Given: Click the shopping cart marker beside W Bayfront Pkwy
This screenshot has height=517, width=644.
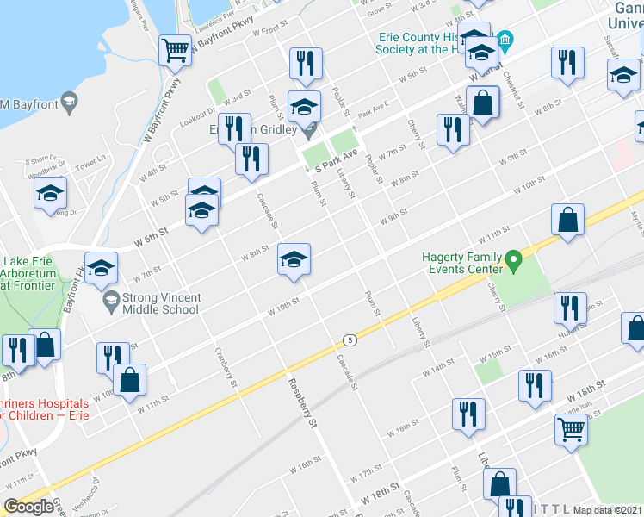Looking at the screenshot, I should point(176,50).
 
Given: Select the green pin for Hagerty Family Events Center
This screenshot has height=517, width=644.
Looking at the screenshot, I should point(514,258).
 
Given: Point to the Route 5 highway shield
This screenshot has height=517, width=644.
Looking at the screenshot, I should point(349,339).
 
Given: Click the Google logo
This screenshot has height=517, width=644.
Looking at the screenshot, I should point(29,507).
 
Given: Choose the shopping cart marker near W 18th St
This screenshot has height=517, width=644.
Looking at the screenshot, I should point(572,429).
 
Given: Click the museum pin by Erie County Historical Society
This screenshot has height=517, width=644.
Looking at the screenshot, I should point(505,39).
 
